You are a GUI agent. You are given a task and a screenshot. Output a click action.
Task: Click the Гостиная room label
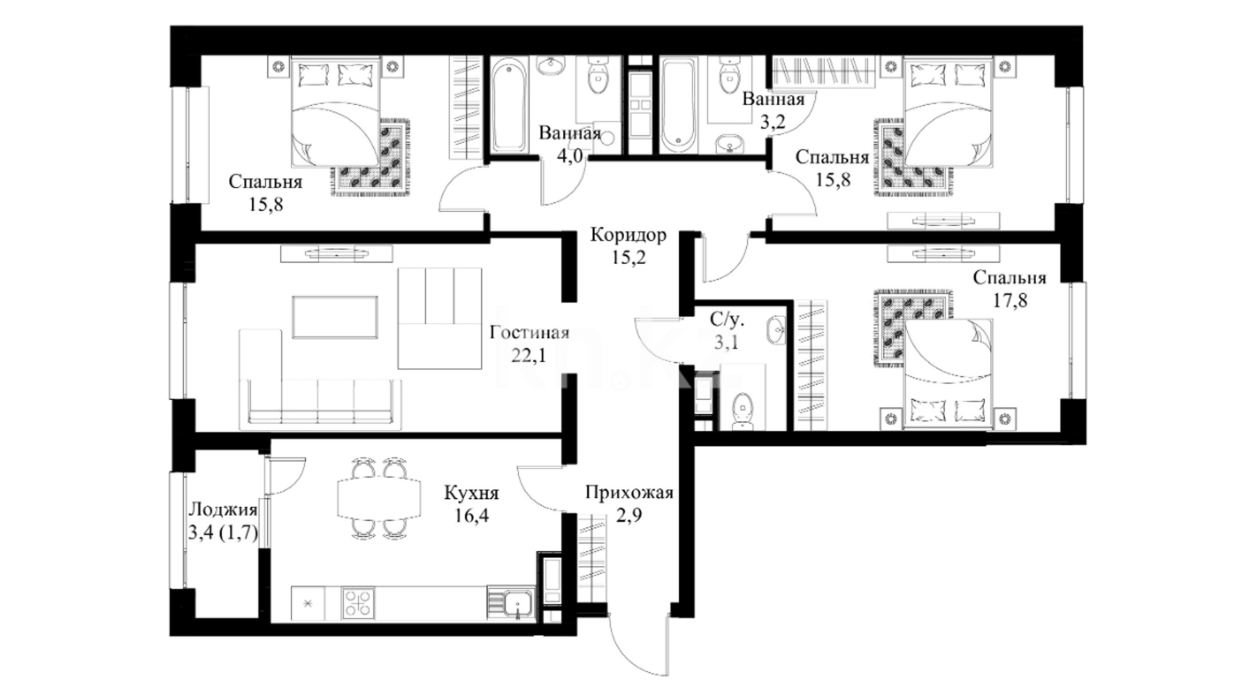(x=529, y=333)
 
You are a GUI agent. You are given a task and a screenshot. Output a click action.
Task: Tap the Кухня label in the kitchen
(x=471, y=494)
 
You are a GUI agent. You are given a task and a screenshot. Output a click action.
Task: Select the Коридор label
(x=628, y=235)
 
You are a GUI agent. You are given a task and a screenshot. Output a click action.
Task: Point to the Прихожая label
(x=629, y=494)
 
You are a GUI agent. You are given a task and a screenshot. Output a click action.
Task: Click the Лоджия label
(x=222, y=510)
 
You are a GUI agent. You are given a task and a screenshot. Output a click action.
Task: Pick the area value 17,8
(x=1009, y=300)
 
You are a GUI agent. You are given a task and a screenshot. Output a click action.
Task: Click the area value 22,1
(x=529, y=355)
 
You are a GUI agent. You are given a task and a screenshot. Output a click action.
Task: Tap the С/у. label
(x=727, y=319)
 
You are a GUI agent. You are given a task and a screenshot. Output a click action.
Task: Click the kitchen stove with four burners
(x=357, y=603)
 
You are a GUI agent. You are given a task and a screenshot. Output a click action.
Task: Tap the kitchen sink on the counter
(x=517, y=603)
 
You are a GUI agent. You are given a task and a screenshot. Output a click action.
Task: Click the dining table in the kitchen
(x=379, y=497)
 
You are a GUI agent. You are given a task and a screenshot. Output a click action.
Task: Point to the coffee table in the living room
(x=335, y=317)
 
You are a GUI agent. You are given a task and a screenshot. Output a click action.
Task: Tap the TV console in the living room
(x=336, y=254)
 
